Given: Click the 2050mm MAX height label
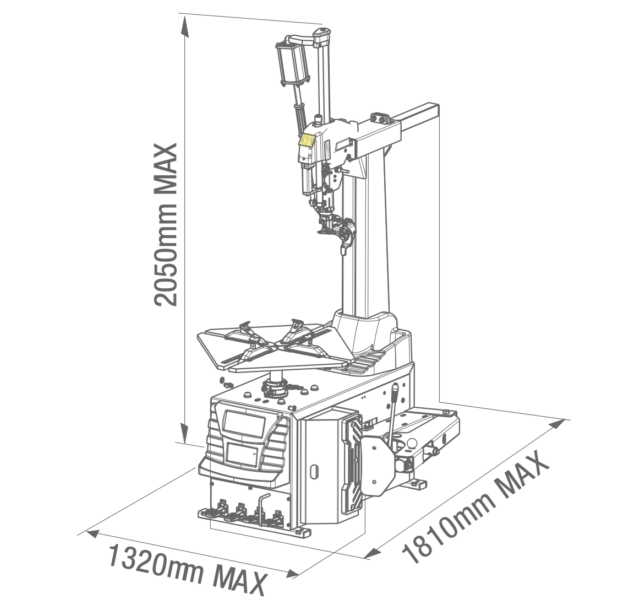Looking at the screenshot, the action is tap(165, 225).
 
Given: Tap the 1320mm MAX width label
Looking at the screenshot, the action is tap(187, 570).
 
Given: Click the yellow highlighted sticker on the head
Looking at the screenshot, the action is tap(307, 140).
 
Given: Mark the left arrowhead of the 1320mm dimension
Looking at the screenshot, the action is tap(92, 533).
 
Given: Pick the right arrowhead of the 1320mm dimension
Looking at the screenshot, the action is tap(292, 574).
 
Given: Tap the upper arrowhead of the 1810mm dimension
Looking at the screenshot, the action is tap(557, 424).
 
